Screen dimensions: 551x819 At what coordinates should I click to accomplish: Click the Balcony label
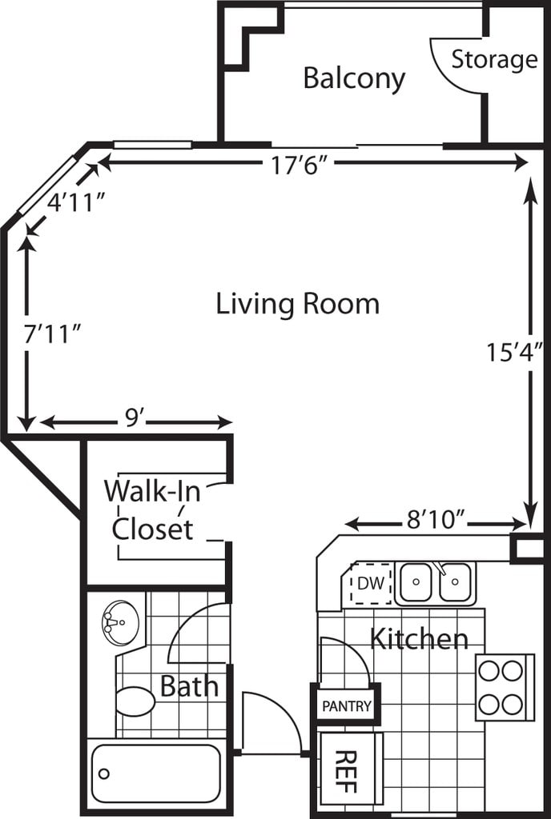coord(355,79)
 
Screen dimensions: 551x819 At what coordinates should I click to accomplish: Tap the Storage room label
coord(495,59)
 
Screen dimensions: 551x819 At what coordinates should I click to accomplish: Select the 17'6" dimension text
coord(299,166)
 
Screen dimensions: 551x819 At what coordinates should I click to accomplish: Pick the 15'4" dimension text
coord(516,352)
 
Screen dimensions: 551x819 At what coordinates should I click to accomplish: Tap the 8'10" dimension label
coord(436,520)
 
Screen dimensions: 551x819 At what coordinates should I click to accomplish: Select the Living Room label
coord(297,304)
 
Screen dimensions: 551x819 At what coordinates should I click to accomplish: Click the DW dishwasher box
coord(371,583)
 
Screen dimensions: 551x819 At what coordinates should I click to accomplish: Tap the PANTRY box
coord(347,706)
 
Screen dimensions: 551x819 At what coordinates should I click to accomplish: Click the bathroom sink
coord(121,622)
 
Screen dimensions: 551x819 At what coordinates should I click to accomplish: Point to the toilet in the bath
coord(135,701)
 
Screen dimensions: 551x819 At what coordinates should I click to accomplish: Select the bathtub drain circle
coord(104,773)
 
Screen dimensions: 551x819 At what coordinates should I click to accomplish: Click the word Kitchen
coord(419,639)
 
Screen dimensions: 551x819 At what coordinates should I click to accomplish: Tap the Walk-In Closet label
coord(152,509)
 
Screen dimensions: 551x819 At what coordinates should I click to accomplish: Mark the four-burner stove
coord(505,687)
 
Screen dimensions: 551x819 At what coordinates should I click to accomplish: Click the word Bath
coord(189,685)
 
